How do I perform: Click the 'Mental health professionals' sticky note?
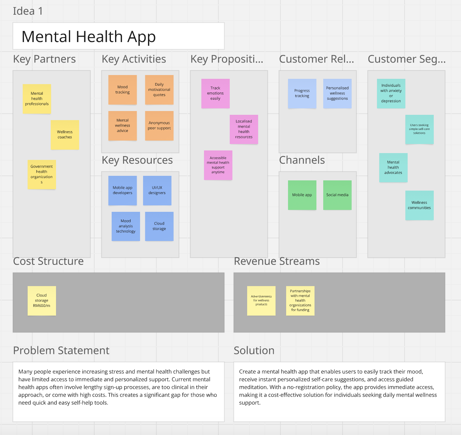(x=37, y=99)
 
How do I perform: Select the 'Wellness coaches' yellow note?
(x=65, y=135)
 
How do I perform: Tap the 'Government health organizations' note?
(x=42, y=174)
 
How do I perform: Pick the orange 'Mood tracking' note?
(x=122, y=90)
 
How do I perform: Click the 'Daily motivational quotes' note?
(x=159, y=90)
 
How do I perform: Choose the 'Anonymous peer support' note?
(x=159, y=126)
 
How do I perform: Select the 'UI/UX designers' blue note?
(x=157, y=190)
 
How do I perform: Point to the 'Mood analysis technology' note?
(x=126, y=226)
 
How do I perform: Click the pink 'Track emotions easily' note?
(x=215, y=93)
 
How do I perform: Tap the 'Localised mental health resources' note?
(x=244, y=129)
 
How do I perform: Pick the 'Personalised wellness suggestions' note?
(x=337, y=93)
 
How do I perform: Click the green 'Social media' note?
(x=337, y=195)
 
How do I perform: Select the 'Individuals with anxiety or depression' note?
(x=391, y=93)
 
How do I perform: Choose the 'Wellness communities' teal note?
(x=419, y=205)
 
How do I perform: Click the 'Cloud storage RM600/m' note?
(x=42, y=300)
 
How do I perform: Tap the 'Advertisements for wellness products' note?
(x=261, y=300)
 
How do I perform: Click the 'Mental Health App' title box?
(x=118, y=36)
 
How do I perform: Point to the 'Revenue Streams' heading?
(x=277, y=261)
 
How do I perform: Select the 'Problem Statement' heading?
(x=61, y=351)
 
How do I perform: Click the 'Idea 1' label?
(x=28, y=11)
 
